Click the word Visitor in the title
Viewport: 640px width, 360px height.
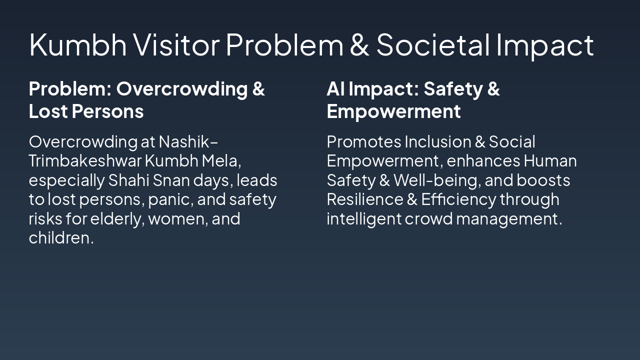(176, 44)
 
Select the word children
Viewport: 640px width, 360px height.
(60, 238)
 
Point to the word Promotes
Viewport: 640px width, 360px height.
(363, 142)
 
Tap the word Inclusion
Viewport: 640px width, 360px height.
(437, 142)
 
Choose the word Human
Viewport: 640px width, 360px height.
(550, 161)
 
